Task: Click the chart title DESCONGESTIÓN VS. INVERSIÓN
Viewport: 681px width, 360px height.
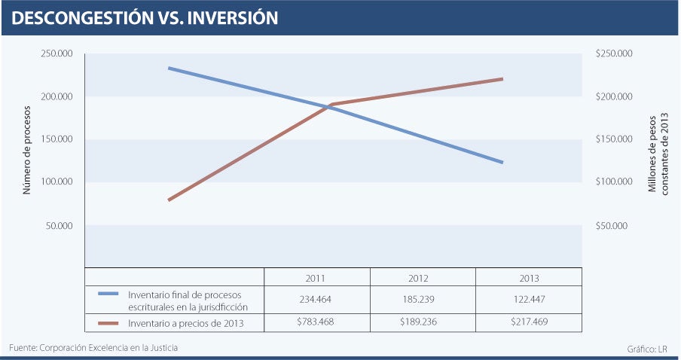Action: [145, 18]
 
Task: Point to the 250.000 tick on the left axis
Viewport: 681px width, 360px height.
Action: [56, 54]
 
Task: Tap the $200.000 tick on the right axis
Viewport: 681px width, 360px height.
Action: [614, 97]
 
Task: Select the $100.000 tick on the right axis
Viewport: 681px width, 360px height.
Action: [614, 182]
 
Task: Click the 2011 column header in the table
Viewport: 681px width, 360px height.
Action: [316, 278]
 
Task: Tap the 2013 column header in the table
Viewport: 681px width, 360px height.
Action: [529, 278]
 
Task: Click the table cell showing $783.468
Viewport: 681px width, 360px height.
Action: [316, 324]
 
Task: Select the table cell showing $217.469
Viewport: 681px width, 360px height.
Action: [529, 324]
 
